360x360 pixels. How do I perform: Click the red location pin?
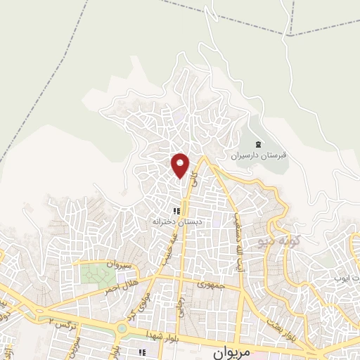[x=181, y=165]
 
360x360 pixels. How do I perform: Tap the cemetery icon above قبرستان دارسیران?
[x=258, y=144]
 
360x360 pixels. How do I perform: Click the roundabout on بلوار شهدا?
[x=122, y=327]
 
